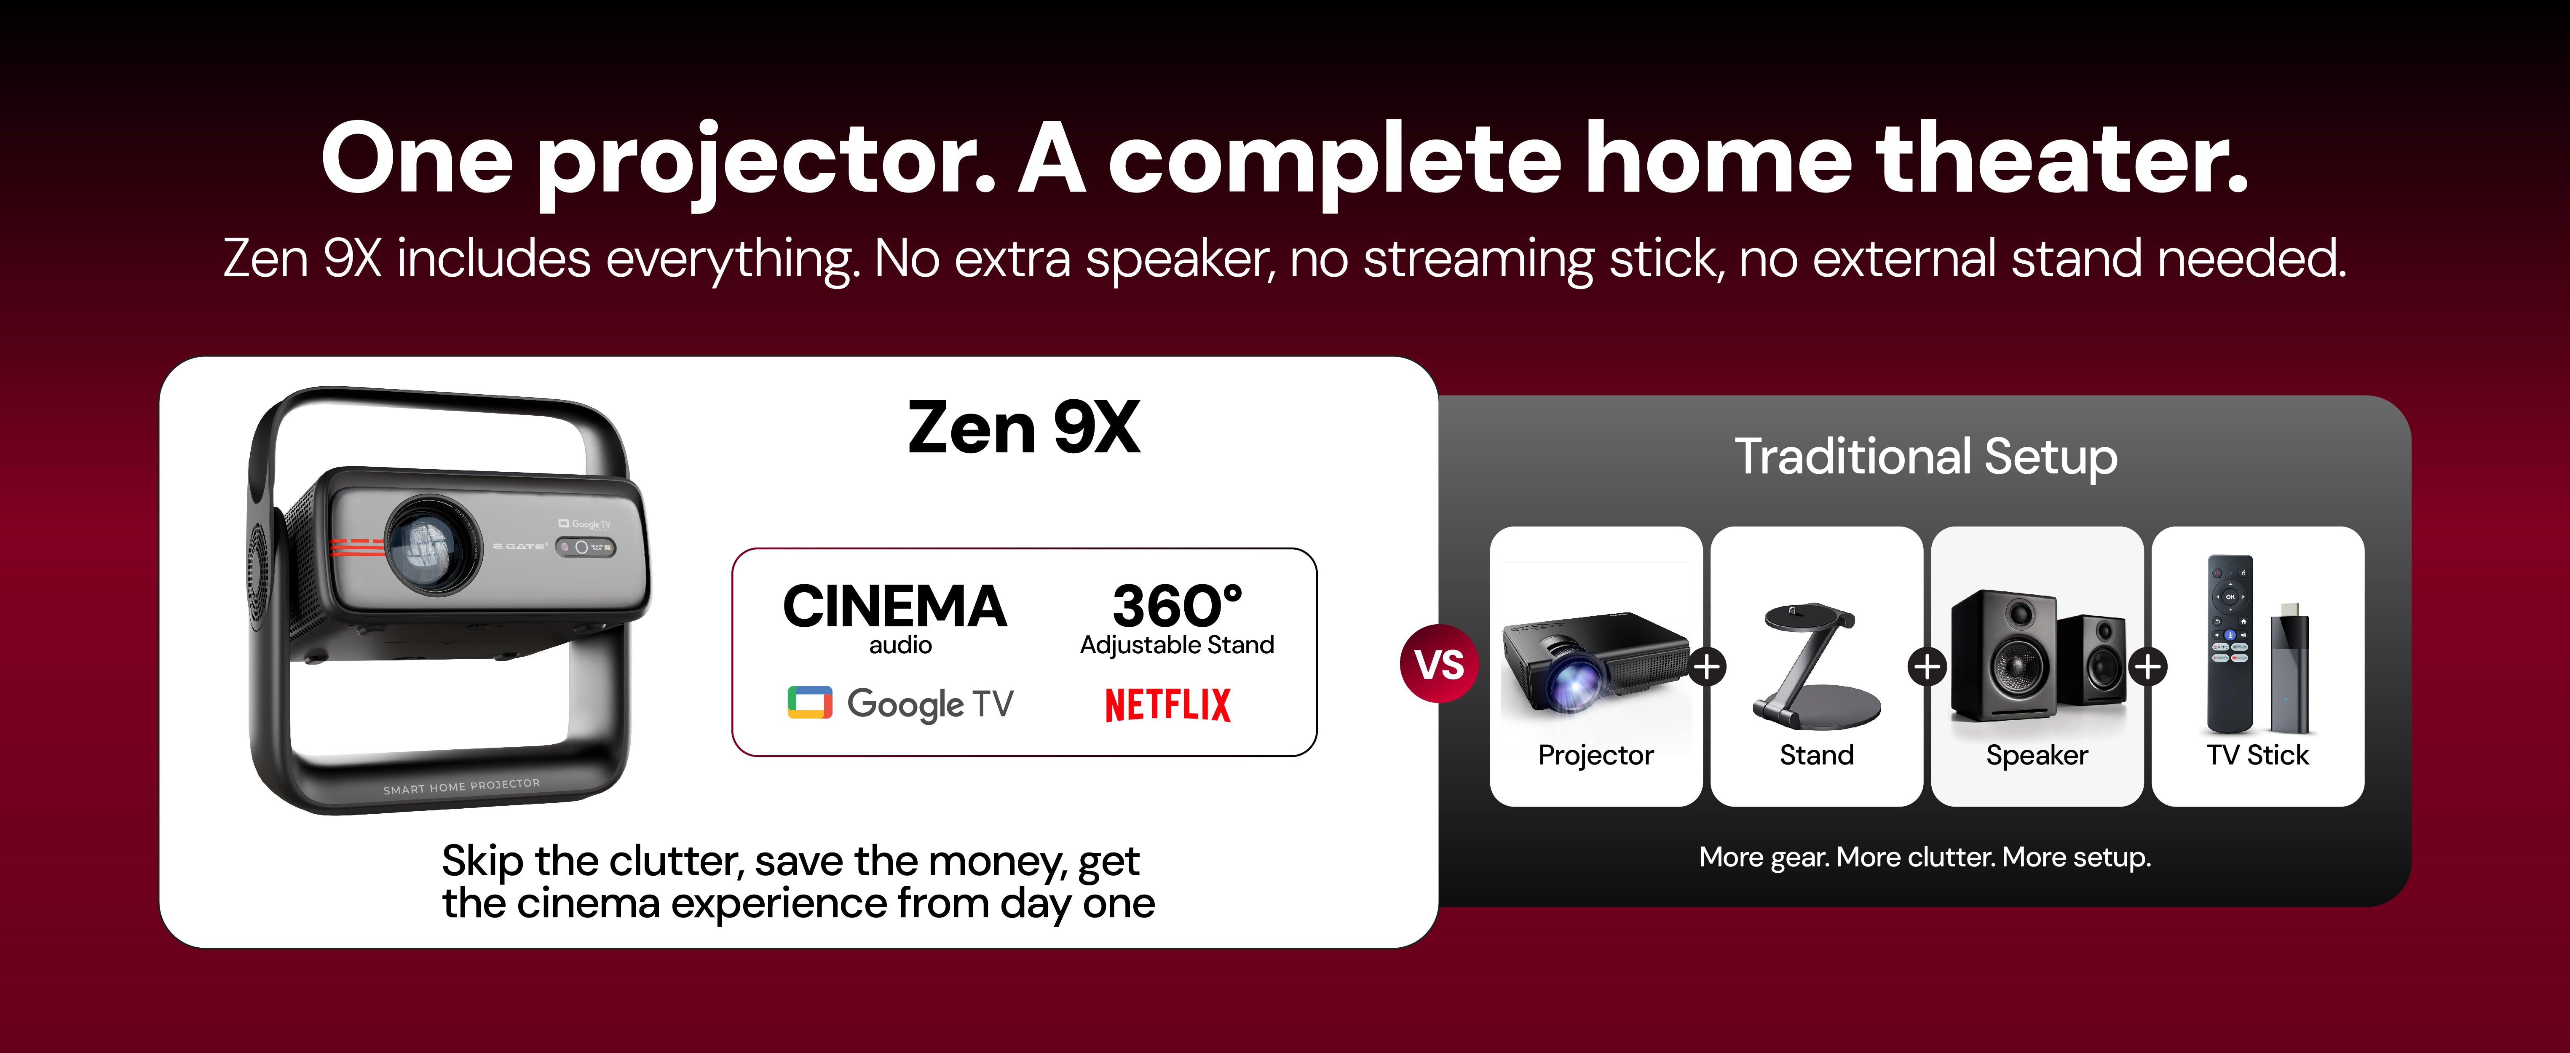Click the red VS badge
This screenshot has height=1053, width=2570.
(x=1439, y=664)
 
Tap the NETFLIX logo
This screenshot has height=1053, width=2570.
(x=1167, y=705)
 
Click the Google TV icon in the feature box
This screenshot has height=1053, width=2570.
(x=809, y=703)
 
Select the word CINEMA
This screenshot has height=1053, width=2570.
(x=895, y=606)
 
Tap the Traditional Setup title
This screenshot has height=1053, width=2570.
(x=1925, y=458)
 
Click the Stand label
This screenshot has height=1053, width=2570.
(x=1817, y=755)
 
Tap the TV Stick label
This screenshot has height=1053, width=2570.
(x=2258, y=755)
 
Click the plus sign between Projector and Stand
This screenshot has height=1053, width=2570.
(x=1707, y=666)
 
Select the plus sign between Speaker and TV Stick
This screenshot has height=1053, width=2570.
(x=2148, y=666)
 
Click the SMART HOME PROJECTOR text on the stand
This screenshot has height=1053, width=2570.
(x=461, y=787)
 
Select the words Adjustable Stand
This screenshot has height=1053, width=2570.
(x=1177, y=645)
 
